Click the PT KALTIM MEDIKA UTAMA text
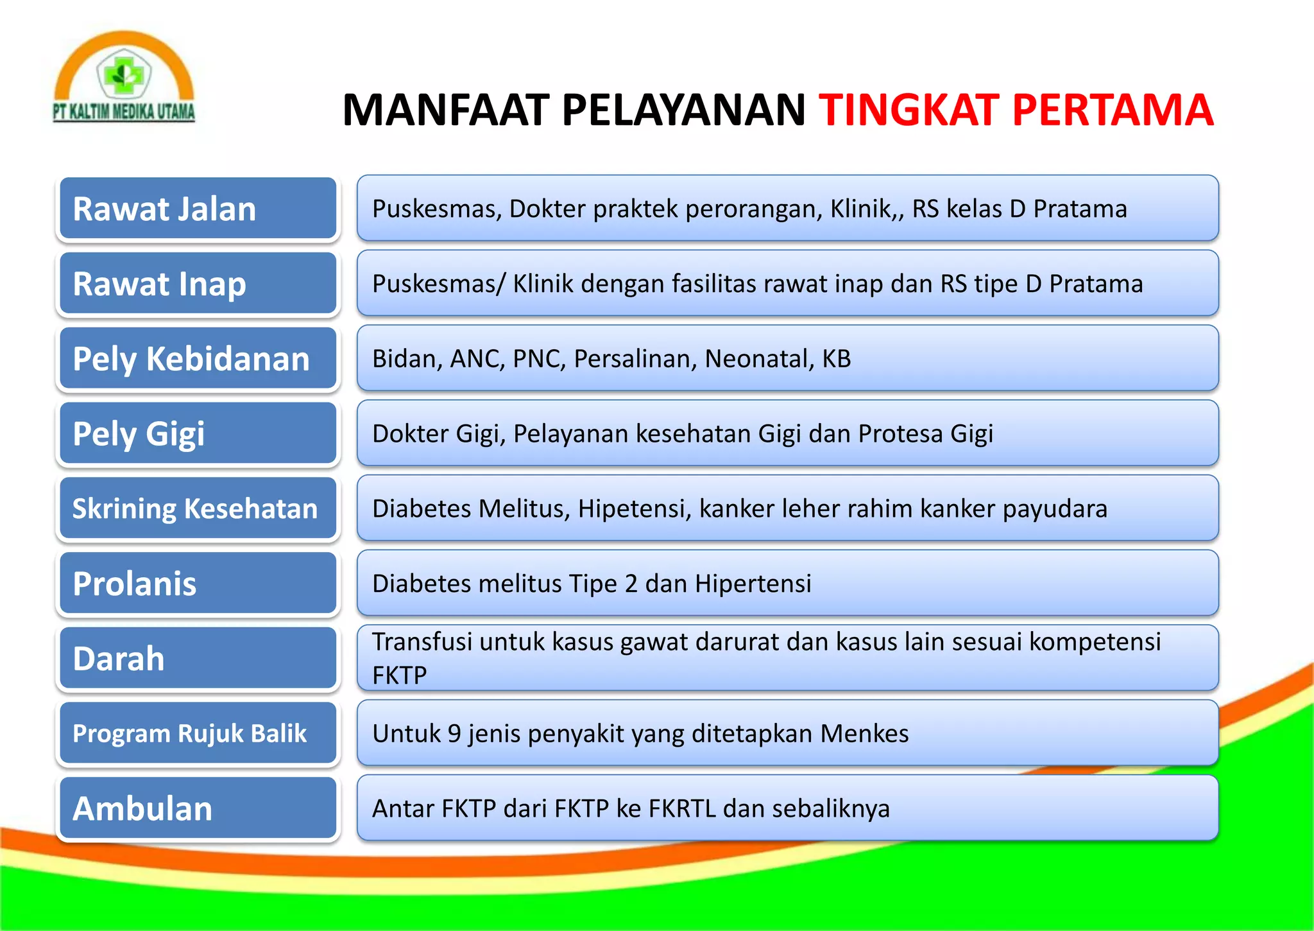(124, 112)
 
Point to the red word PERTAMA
(1113, 110)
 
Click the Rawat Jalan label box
(198, 209)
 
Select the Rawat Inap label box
(198, 284)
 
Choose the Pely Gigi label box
(198, 433)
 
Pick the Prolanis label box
(198, 584)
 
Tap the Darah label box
(198, 659)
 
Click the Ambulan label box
(198, 808)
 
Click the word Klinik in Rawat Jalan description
(862, 209)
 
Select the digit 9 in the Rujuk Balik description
(454, 734)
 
